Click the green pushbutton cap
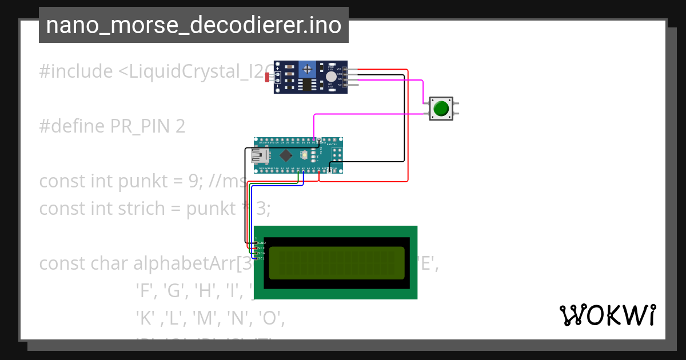[441, 108]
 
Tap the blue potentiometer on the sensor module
[308, 69]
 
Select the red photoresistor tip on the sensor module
[267, 78]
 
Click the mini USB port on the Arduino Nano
[260, 155]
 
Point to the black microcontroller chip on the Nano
[286, 155]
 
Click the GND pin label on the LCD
[262, 243]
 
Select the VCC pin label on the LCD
[262, 248]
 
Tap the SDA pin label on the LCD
[262, 253]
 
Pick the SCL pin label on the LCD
[262, 258]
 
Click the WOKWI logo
[607, 315]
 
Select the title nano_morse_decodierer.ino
[193, 25]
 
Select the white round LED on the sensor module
[331, 77]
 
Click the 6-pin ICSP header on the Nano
[336, 155]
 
